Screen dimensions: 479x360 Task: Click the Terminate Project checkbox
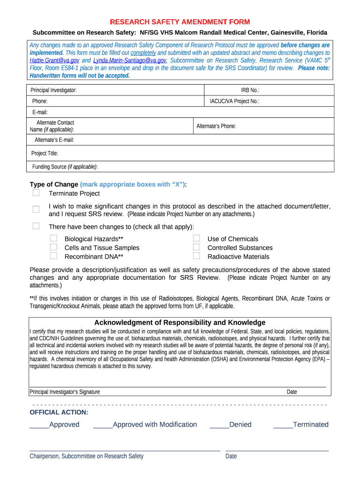tap(36, 193)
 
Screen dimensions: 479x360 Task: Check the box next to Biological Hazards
tap(54, 239)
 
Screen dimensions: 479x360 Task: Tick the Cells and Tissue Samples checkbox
tap(54, 247)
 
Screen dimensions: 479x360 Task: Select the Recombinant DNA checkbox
tap(54, 256)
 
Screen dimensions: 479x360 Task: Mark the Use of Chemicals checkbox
tap(196, 239)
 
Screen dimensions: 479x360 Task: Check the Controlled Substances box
tap(196, 247)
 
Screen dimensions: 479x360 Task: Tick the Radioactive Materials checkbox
tap(196, 256)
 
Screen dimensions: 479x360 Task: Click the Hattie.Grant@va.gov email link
tap(54, 60)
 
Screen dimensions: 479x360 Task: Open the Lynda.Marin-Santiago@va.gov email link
tap(130, 60)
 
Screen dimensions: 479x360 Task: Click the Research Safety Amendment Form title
tap(180, 22)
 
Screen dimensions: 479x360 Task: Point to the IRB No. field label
tap(250, 90)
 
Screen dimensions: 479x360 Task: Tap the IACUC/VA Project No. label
tap(234, 101)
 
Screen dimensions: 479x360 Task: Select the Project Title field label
tap(44, 153)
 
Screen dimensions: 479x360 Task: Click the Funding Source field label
tap(65, 167)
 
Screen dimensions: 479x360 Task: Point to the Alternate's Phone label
tap(216, 126)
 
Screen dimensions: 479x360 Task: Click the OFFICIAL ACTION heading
tap(59, 412)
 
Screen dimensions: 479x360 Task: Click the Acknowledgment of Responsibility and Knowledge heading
tap(180, 322)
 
